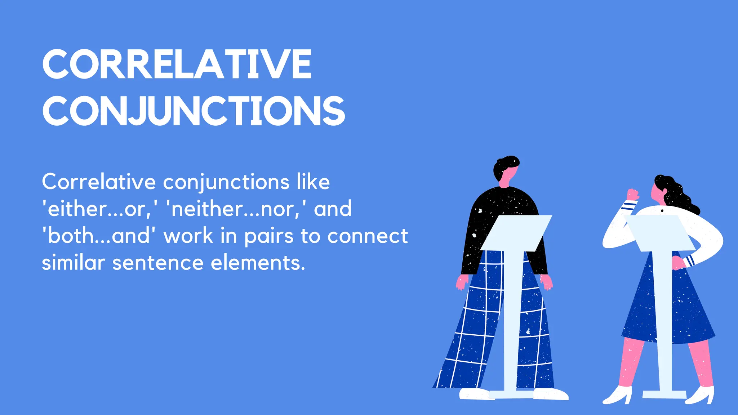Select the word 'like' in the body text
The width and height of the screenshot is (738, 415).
(x=313, y=182)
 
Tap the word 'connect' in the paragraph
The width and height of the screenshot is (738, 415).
(x=368, y=236)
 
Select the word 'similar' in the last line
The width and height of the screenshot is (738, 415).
(x=73, y=263)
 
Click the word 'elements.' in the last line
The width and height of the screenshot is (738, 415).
(x=258, y=263)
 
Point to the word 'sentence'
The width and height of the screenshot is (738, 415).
(x=158, y=263)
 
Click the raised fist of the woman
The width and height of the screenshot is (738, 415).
(x=632, y=195)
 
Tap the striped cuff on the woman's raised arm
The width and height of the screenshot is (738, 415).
(x=629, y=206)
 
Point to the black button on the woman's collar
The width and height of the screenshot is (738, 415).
(x=662, y=211)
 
